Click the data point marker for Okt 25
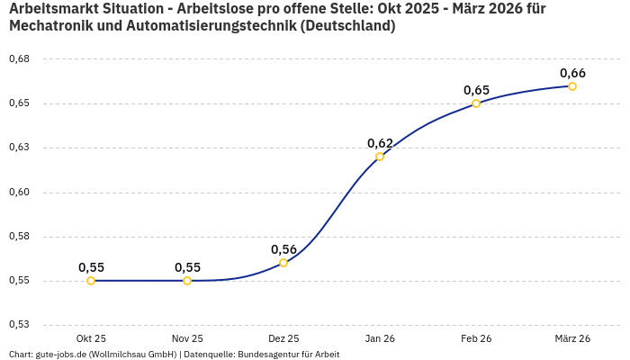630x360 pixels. point(91,281)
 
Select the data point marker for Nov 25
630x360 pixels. point(187,281)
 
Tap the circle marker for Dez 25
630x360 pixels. point(283,263)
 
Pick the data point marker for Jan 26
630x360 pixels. point(380,157)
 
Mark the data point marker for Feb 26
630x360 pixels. point(476,103)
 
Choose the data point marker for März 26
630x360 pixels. point(572,86)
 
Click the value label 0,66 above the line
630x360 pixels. point(572,73)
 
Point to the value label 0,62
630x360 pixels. point(380,143)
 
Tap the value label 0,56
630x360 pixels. point(283,249)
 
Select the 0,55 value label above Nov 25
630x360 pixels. point(187,267)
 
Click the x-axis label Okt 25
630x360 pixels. point(91,338)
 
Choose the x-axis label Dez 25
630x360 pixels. point(283,338)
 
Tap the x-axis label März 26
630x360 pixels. point(572,338)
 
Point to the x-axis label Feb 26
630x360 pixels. point(476,338)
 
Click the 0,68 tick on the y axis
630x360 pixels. point(19,58)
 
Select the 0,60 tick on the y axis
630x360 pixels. point(19,192)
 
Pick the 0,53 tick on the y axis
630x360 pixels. point(19,325)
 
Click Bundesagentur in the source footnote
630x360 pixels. point(265,355)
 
